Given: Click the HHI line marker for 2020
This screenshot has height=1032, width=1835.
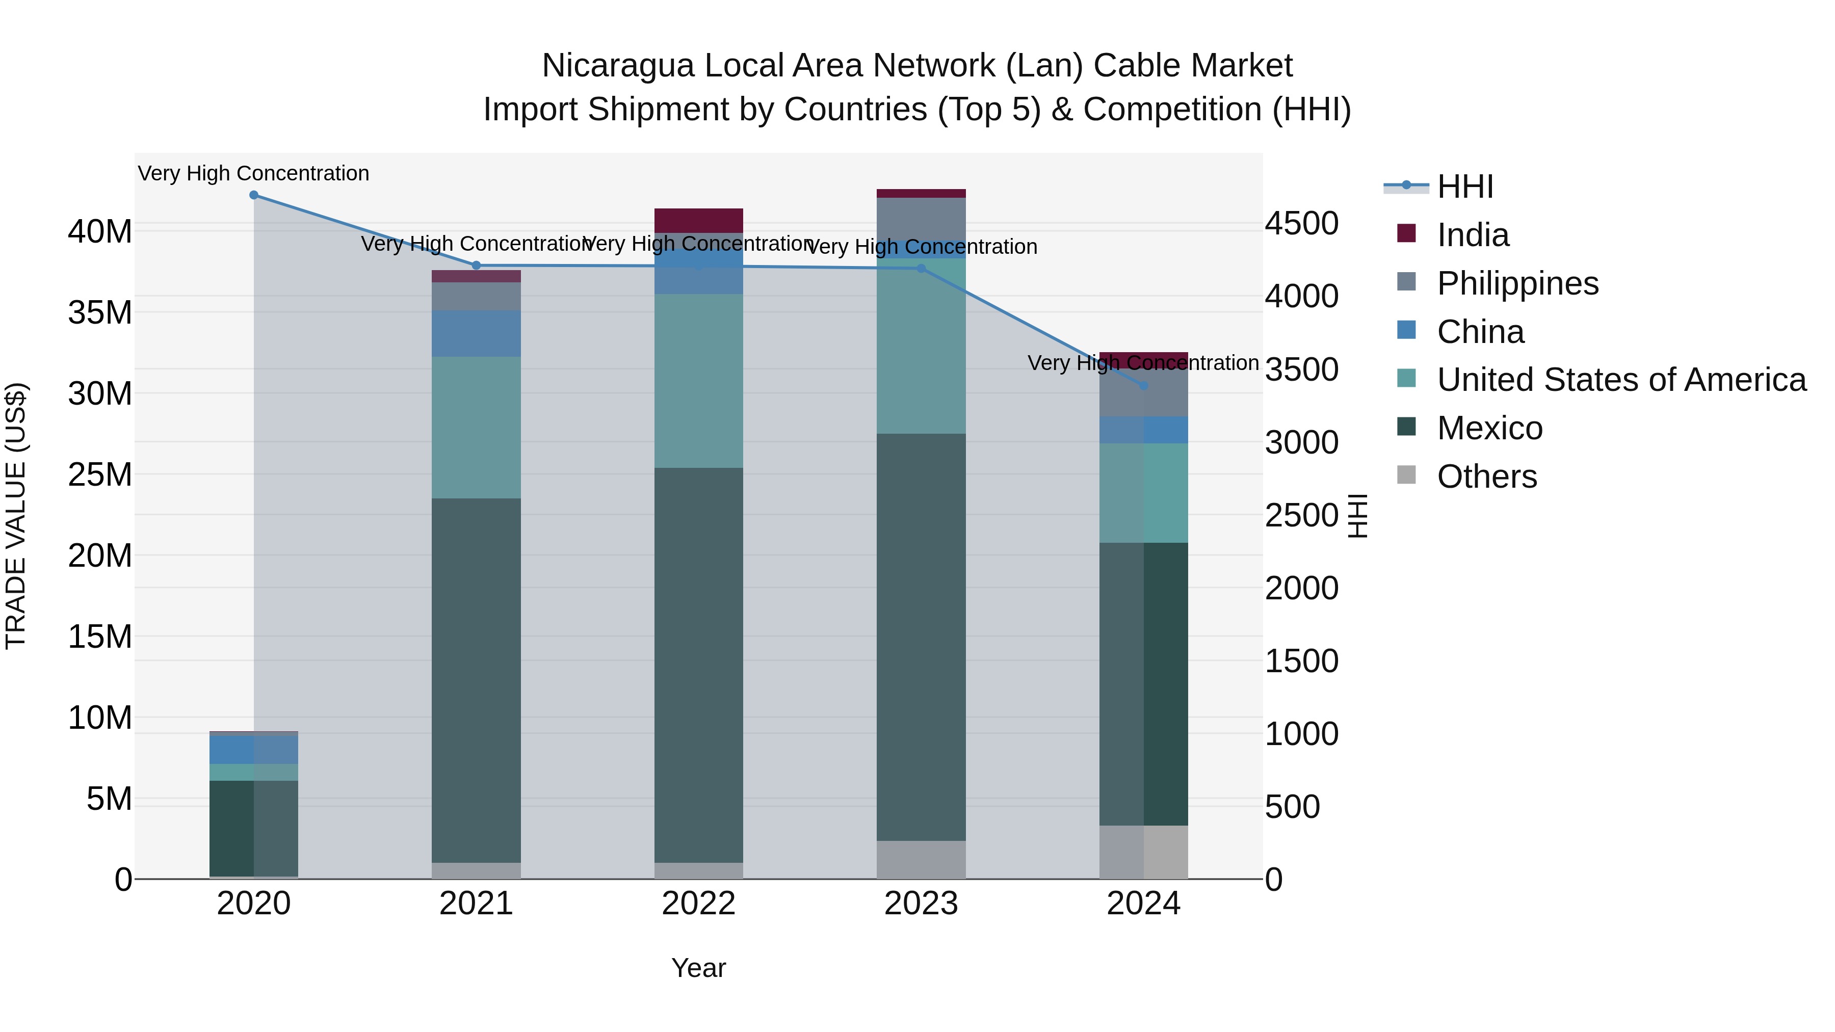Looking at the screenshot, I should coord(254,195).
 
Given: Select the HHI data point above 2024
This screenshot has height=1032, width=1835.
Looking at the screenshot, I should coord(1144,385).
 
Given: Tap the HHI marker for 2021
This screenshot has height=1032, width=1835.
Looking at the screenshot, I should coord(477,266).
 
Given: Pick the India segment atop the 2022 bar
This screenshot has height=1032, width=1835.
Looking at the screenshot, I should coord(699,220).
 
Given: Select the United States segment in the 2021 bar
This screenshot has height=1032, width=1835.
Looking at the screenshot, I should coord(477,428).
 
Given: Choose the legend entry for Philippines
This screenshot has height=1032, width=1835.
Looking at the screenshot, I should coord(1517,283).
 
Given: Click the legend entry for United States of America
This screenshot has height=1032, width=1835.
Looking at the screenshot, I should coord(1621,380).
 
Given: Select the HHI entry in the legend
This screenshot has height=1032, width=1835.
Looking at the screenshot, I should coord(1464,187).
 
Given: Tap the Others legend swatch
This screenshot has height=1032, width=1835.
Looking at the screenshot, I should coord(1406,474).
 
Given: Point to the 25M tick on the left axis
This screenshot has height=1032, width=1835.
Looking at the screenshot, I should coord(100,474).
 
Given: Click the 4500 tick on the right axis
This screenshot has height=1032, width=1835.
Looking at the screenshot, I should coord(1301,224).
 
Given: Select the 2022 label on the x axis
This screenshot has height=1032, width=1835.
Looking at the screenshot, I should coord(699,904).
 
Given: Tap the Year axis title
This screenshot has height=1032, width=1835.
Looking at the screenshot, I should coord(699,968).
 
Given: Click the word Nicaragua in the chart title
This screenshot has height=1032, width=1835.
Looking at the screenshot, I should coord(618,66).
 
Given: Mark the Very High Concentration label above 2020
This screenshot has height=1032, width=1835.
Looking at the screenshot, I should coord(254,173).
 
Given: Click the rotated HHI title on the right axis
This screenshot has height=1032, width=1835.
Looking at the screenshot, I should coord(1358,516).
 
